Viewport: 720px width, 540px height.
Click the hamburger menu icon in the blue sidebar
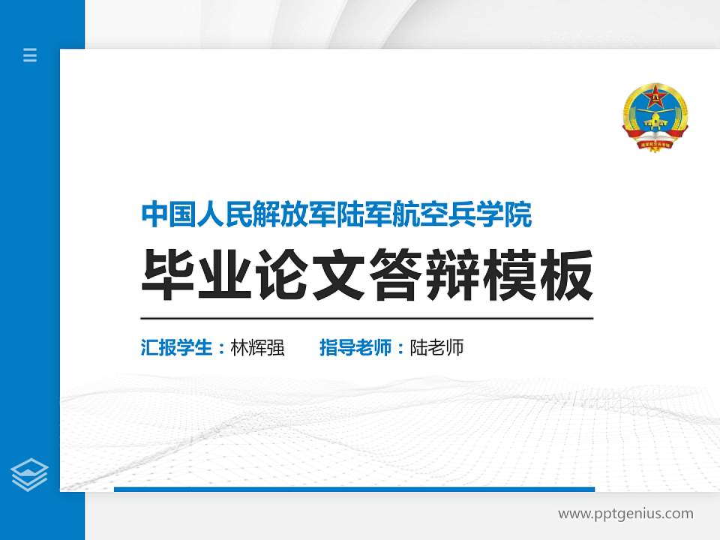[x=30, y=55]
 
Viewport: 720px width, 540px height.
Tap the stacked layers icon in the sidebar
[x=30, y=475]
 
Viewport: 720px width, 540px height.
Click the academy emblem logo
[x=655, y=118]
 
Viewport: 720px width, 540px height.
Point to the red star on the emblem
[x=655, y=95]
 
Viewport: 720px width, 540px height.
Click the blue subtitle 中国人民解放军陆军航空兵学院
[x=337, y=215]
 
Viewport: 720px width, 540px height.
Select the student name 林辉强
[x=258, y=348]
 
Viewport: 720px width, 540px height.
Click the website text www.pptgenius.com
[x=625, y=514]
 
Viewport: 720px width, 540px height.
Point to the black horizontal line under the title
[x=367, y=319]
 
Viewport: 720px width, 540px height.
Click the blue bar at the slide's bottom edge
[x=354, y=489]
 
